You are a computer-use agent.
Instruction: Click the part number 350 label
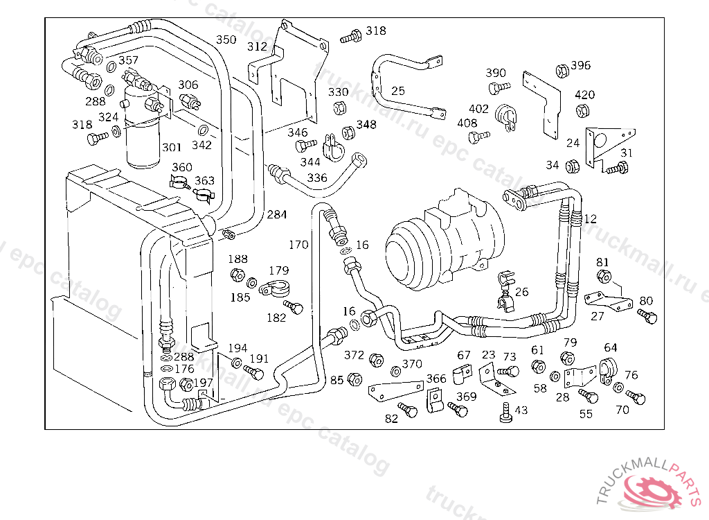226,40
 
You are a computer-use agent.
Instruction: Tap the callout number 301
172,147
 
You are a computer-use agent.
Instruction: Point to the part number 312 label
257,46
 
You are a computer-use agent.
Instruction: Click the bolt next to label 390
497,87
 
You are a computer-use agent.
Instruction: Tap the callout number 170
298,245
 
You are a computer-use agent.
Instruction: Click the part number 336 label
316,178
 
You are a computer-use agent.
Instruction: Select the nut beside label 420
582,110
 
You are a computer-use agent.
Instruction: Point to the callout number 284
276,215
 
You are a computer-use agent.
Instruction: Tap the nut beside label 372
377,361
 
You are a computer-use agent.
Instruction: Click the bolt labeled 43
505,413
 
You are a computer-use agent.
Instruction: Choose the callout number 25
398,91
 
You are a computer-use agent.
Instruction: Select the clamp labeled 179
275,287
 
